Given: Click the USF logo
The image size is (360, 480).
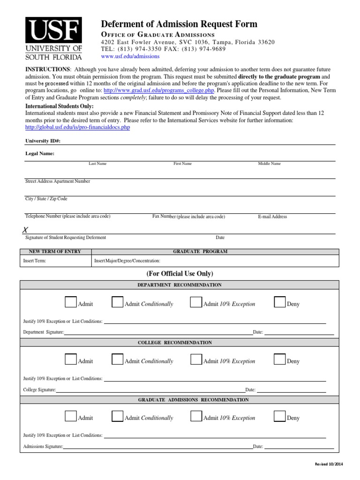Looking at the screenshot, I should [x=53, y=39].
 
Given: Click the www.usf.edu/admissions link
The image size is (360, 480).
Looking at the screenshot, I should [x=130, y=56].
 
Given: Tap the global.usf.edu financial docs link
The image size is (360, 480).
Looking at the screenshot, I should [x=77, y=127].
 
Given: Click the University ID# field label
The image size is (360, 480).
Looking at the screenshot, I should [x=43, y=141].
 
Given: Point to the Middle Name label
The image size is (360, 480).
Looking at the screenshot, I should [x=269, y=164].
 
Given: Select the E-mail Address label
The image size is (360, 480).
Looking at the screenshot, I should [x=272, y=217].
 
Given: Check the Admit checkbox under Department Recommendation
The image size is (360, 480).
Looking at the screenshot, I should [x=71, y=302].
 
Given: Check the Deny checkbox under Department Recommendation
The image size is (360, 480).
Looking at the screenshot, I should [x=279, y=302].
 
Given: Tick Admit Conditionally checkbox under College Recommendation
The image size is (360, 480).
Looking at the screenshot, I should [x=117, y=359].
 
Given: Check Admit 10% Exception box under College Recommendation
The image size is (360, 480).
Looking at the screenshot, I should [x=196, y=359].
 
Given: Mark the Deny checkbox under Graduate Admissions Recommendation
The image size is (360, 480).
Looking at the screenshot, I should [x=279, y=416].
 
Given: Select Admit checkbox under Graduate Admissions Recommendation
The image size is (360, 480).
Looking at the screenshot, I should [x=71, y=416].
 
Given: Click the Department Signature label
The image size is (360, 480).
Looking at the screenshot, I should [x=44, y=332].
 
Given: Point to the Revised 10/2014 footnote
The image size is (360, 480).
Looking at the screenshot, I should [x=329, y=464].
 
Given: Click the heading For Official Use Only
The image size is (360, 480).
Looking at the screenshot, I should [x=180, y=274].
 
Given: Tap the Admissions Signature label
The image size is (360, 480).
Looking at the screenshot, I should [x=43, y=447].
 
